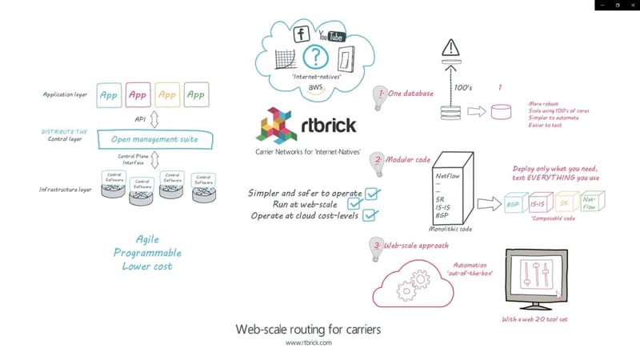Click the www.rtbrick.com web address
(x=308, y=342)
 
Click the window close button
(x=630, y=5)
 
